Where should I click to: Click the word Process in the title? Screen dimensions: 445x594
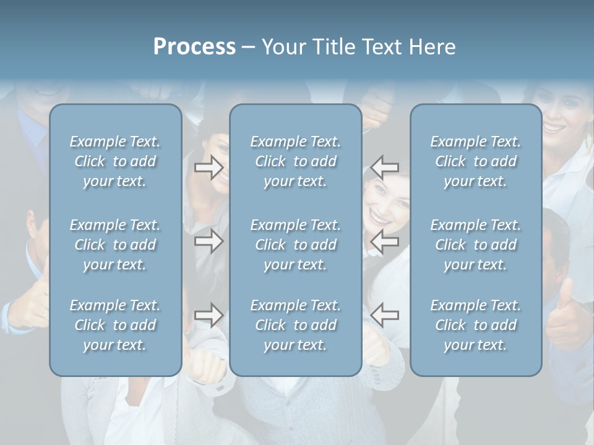194,47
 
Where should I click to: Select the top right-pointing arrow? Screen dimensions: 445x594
209,167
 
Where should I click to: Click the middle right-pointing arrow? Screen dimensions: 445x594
209,241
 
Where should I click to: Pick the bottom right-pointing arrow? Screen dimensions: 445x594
209,315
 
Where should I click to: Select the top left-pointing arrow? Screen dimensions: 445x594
384,167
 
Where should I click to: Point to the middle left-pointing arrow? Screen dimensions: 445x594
384,241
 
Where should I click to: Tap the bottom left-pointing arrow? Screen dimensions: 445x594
384,315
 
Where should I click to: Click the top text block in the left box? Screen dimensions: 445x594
115,161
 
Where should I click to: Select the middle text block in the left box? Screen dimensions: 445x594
115,245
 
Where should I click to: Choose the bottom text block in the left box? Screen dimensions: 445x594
115,325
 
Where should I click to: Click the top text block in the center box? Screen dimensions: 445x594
295,161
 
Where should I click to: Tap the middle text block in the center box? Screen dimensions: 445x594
295,245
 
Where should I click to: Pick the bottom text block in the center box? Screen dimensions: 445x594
295,325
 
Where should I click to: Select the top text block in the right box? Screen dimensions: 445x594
476,161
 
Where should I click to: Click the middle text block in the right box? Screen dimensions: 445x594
476,245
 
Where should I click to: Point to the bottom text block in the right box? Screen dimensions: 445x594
476,325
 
